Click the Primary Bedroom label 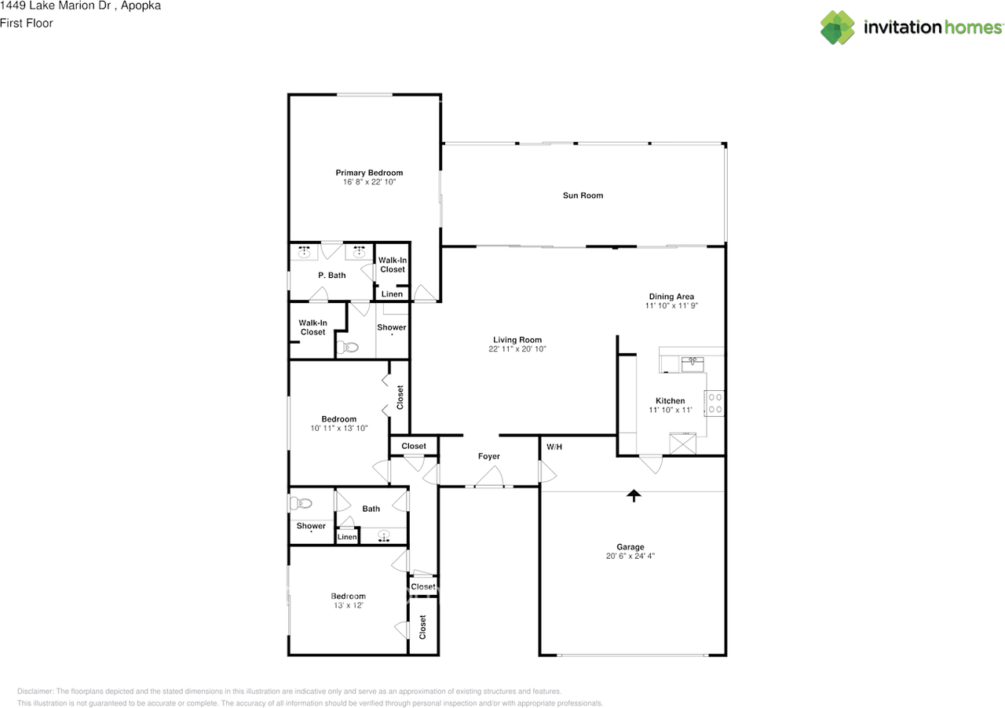[369, 173]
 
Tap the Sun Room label [583, 195]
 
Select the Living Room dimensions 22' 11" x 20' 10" [517, 349]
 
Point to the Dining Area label [671, 297]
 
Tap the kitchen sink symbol [693, 364]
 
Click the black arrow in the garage [634, 496]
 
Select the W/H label [554, 447]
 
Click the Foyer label [488, 456]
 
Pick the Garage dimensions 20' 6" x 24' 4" [630, 556]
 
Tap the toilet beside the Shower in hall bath [301, 503]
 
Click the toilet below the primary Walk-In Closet [347, 347]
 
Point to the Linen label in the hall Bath [347, 537]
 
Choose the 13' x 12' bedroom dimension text [348, 605]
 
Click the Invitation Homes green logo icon [837, 27]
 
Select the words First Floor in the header [27, 24]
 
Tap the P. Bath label [332, 276]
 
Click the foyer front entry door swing [489, 476]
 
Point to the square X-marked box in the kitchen [682, 443]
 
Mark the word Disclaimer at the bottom [35, 692]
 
